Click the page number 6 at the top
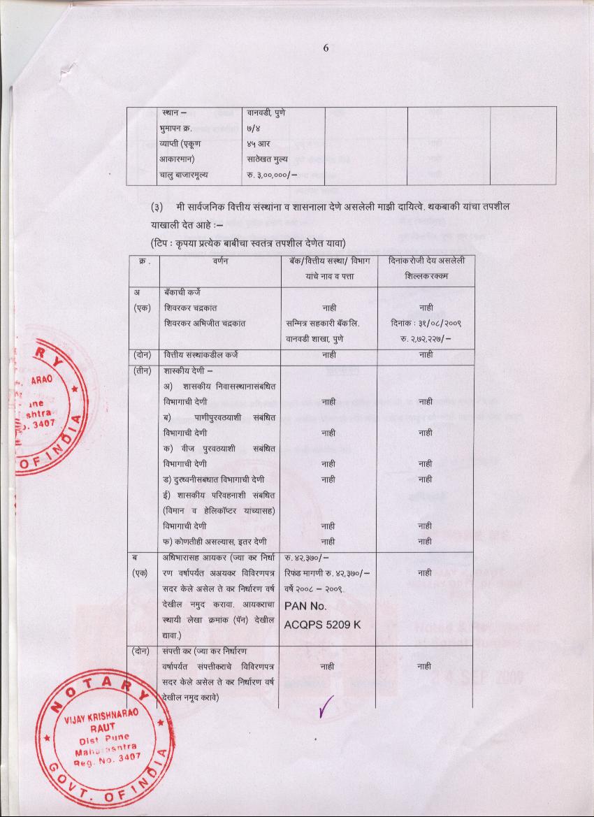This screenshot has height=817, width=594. (326, 48)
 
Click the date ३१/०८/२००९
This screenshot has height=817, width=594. (426, 323)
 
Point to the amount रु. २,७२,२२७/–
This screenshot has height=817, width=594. (426, 339)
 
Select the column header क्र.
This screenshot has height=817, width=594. (143, 261)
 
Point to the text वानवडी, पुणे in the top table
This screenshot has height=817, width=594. (266, 113)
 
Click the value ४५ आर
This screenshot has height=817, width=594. (260, 144)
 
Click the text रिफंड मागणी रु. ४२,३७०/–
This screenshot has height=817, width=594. (328, 573)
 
